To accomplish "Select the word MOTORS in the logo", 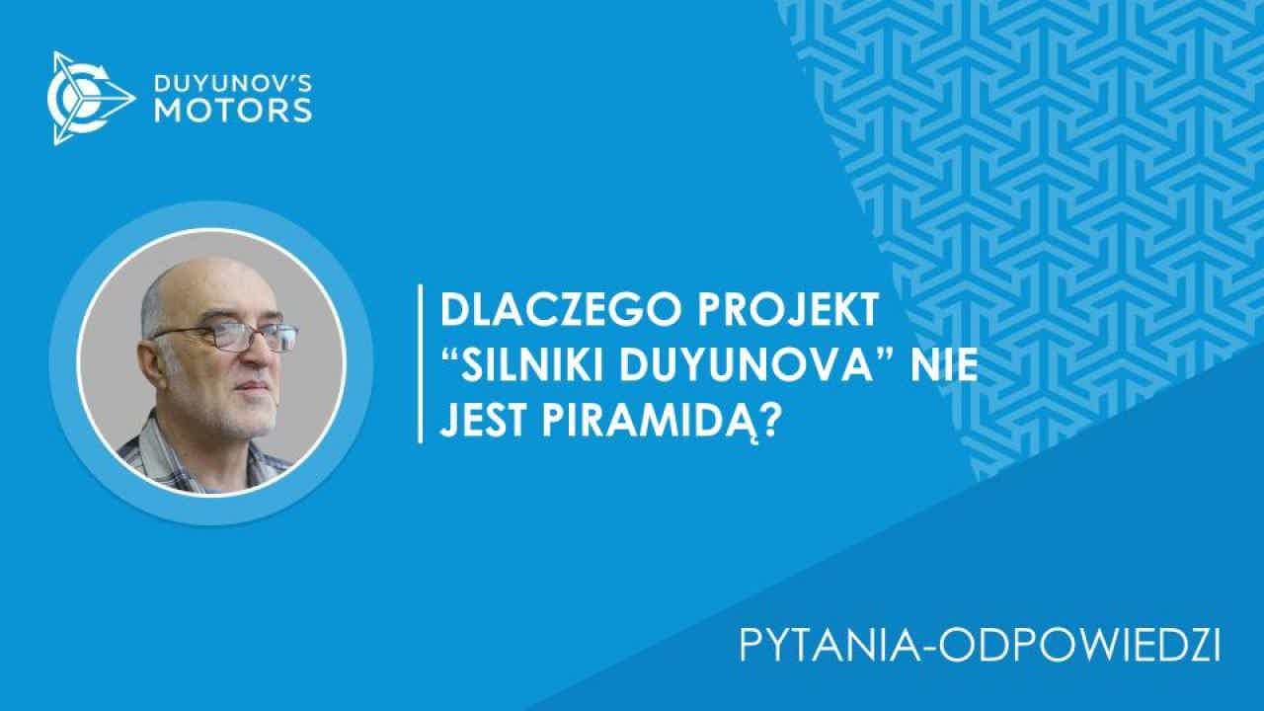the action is click(233, 111).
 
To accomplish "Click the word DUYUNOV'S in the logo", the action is click(233, 84).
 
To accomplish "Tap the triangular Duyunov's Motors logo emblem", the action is click(90, 98).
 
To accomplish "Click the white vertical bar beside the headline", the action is click(420, 364).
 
